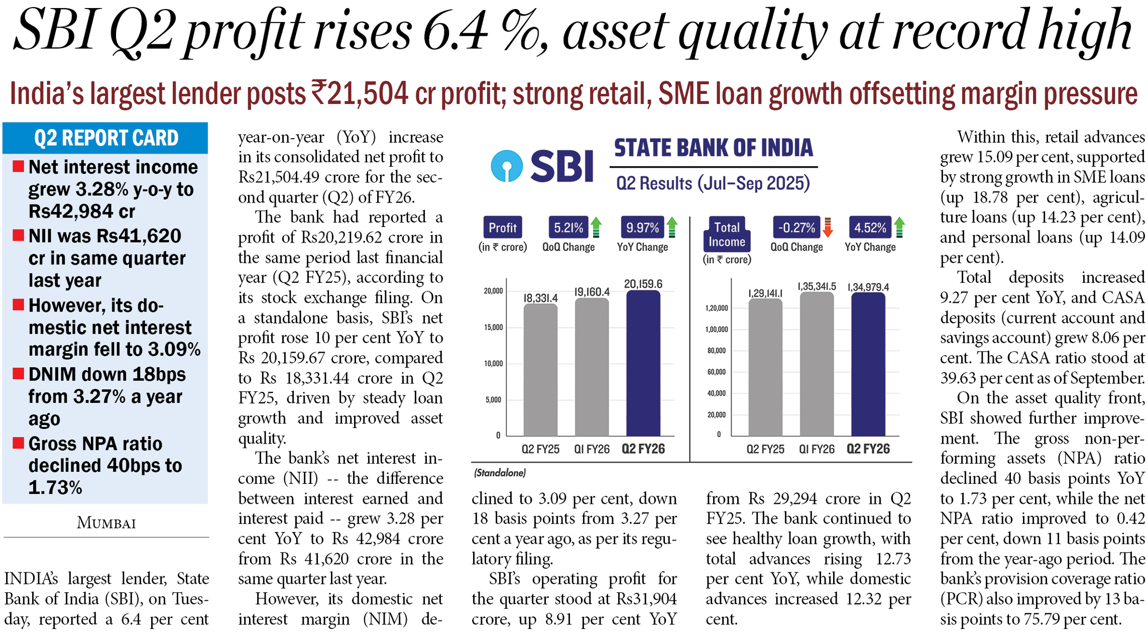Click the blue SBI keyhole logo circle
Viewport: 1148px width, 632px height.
[506, 165]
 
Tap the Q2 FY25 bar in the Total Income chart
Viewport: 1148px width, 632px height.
[765, 367]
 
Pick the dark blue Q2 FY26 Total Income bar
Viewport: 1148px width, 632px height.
[868, 364]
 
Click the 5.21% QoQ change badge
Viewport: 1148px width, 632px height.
[568, 228]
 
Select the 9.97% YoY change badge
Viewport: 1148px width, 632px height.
[642, 228]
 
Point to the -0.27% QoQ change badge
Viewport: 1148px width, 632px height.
[796, 228]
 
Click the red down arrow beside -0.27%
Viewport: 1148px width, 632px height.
[828, 228]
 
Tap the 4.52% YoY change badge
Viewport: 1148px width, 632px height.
[870, 228]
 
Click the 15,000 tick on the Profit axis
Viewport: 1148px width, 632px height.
[493, 328]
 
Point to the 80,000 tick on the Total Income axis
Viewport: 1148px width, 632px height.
[717, 351]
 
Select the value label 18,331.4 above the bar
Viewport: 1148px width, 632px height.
[540, 298]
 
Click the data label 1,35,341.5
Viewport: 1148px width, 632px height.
[817, 286]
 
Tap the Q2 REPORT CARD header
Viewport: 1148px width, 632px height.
[105, 138]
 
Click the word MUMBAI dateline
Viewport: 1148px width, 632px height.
[106, 523]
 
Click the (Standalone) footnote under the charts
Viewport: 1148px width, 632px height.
[500, 473]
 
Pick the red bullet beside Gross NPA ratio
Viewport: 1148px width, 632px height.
[19, 443]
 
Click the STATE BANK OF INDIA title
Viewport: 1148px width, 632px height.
[713, 148]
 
